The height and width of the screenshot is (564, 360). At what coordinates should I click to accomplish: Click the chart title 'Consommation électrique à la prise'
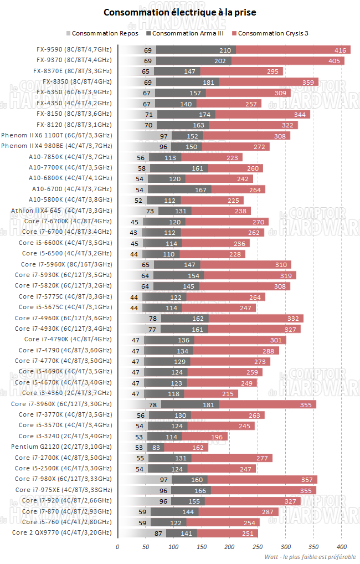tap(180, 12)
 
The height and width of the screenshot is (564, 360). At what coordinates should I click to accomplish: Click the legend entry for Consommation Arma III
tap(188, 33)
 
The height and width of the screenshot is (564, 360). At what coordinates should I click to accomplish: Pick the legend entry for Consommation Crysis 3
tap(272, 33)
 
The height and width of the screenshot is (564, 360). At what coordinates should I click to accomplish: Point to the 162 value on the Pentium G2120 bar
tap(198, 448)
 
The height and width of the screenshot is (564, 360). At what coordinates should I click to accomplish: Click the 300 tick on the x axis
tap(286, 547)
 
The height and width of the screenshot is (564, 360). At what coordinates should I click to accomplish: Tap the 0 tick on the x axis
tap(117, 547)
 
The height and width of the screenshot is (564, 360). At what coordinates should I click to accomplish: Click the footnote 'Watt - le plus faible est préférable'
tap(310, 557)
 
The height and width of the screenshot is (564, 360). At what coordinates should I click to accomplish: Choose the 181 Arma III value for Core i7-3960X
tap(209, 405)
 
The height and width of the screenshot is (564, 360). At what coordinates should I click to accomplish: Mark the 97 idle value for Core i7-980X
tap(164, 479)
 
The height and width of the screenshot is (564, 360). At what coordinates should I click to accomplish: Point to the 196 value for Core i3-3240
tap(217, 437)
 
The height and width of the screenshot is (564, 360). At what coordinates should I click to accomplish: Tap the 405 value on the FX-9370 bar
tap(335, 61)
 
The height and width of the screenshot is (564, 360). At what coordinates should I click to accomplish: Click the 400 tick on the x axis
tap(342, 547)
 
